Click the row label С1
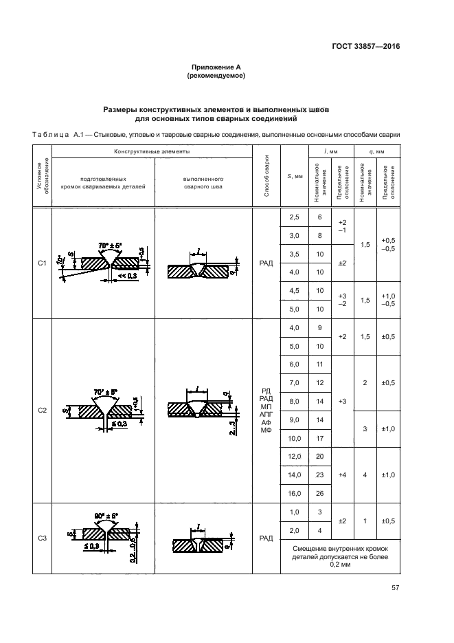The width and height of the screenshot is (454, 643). pyautogui.click(x=42, y=263)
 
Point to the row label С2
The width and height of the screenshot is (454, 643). pyautogui.click(x=42, y=411)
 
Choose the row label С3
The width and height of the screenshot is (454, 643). pyautogui.click(x=42, y=538)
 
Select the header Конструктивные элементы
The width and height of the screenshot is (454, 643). pyautogui.click(x=152, y=151)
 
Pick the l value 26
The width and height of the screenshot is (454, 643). pyautogui.click(x=319, y=493)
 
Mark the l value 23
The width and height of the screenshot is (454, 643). pyautogui.click(x=319, y=475)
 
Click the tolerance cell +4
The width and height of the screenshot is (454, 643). pyautogui.click(x=343, y=475)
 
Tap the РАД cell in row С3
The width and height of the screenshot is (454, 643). pyautogui.click(x=266, y=538)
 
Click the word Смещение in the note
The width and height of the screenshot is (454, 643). pyautogui.click(x=313, y=548)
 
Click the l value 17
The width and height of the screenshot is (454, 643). pyautogui.click(x=319, y=437)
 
